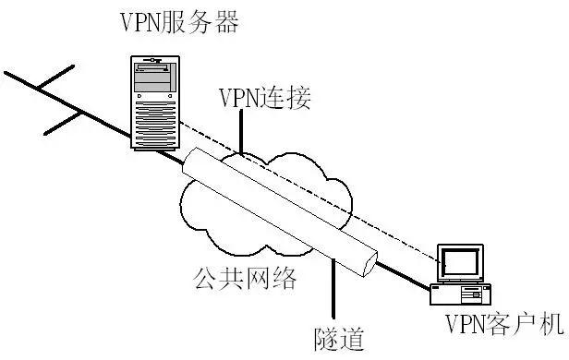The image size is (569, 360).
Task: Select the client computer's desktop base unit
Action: [460, 294]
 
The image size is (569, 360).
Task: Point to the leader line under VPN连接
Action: [243, 129]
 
